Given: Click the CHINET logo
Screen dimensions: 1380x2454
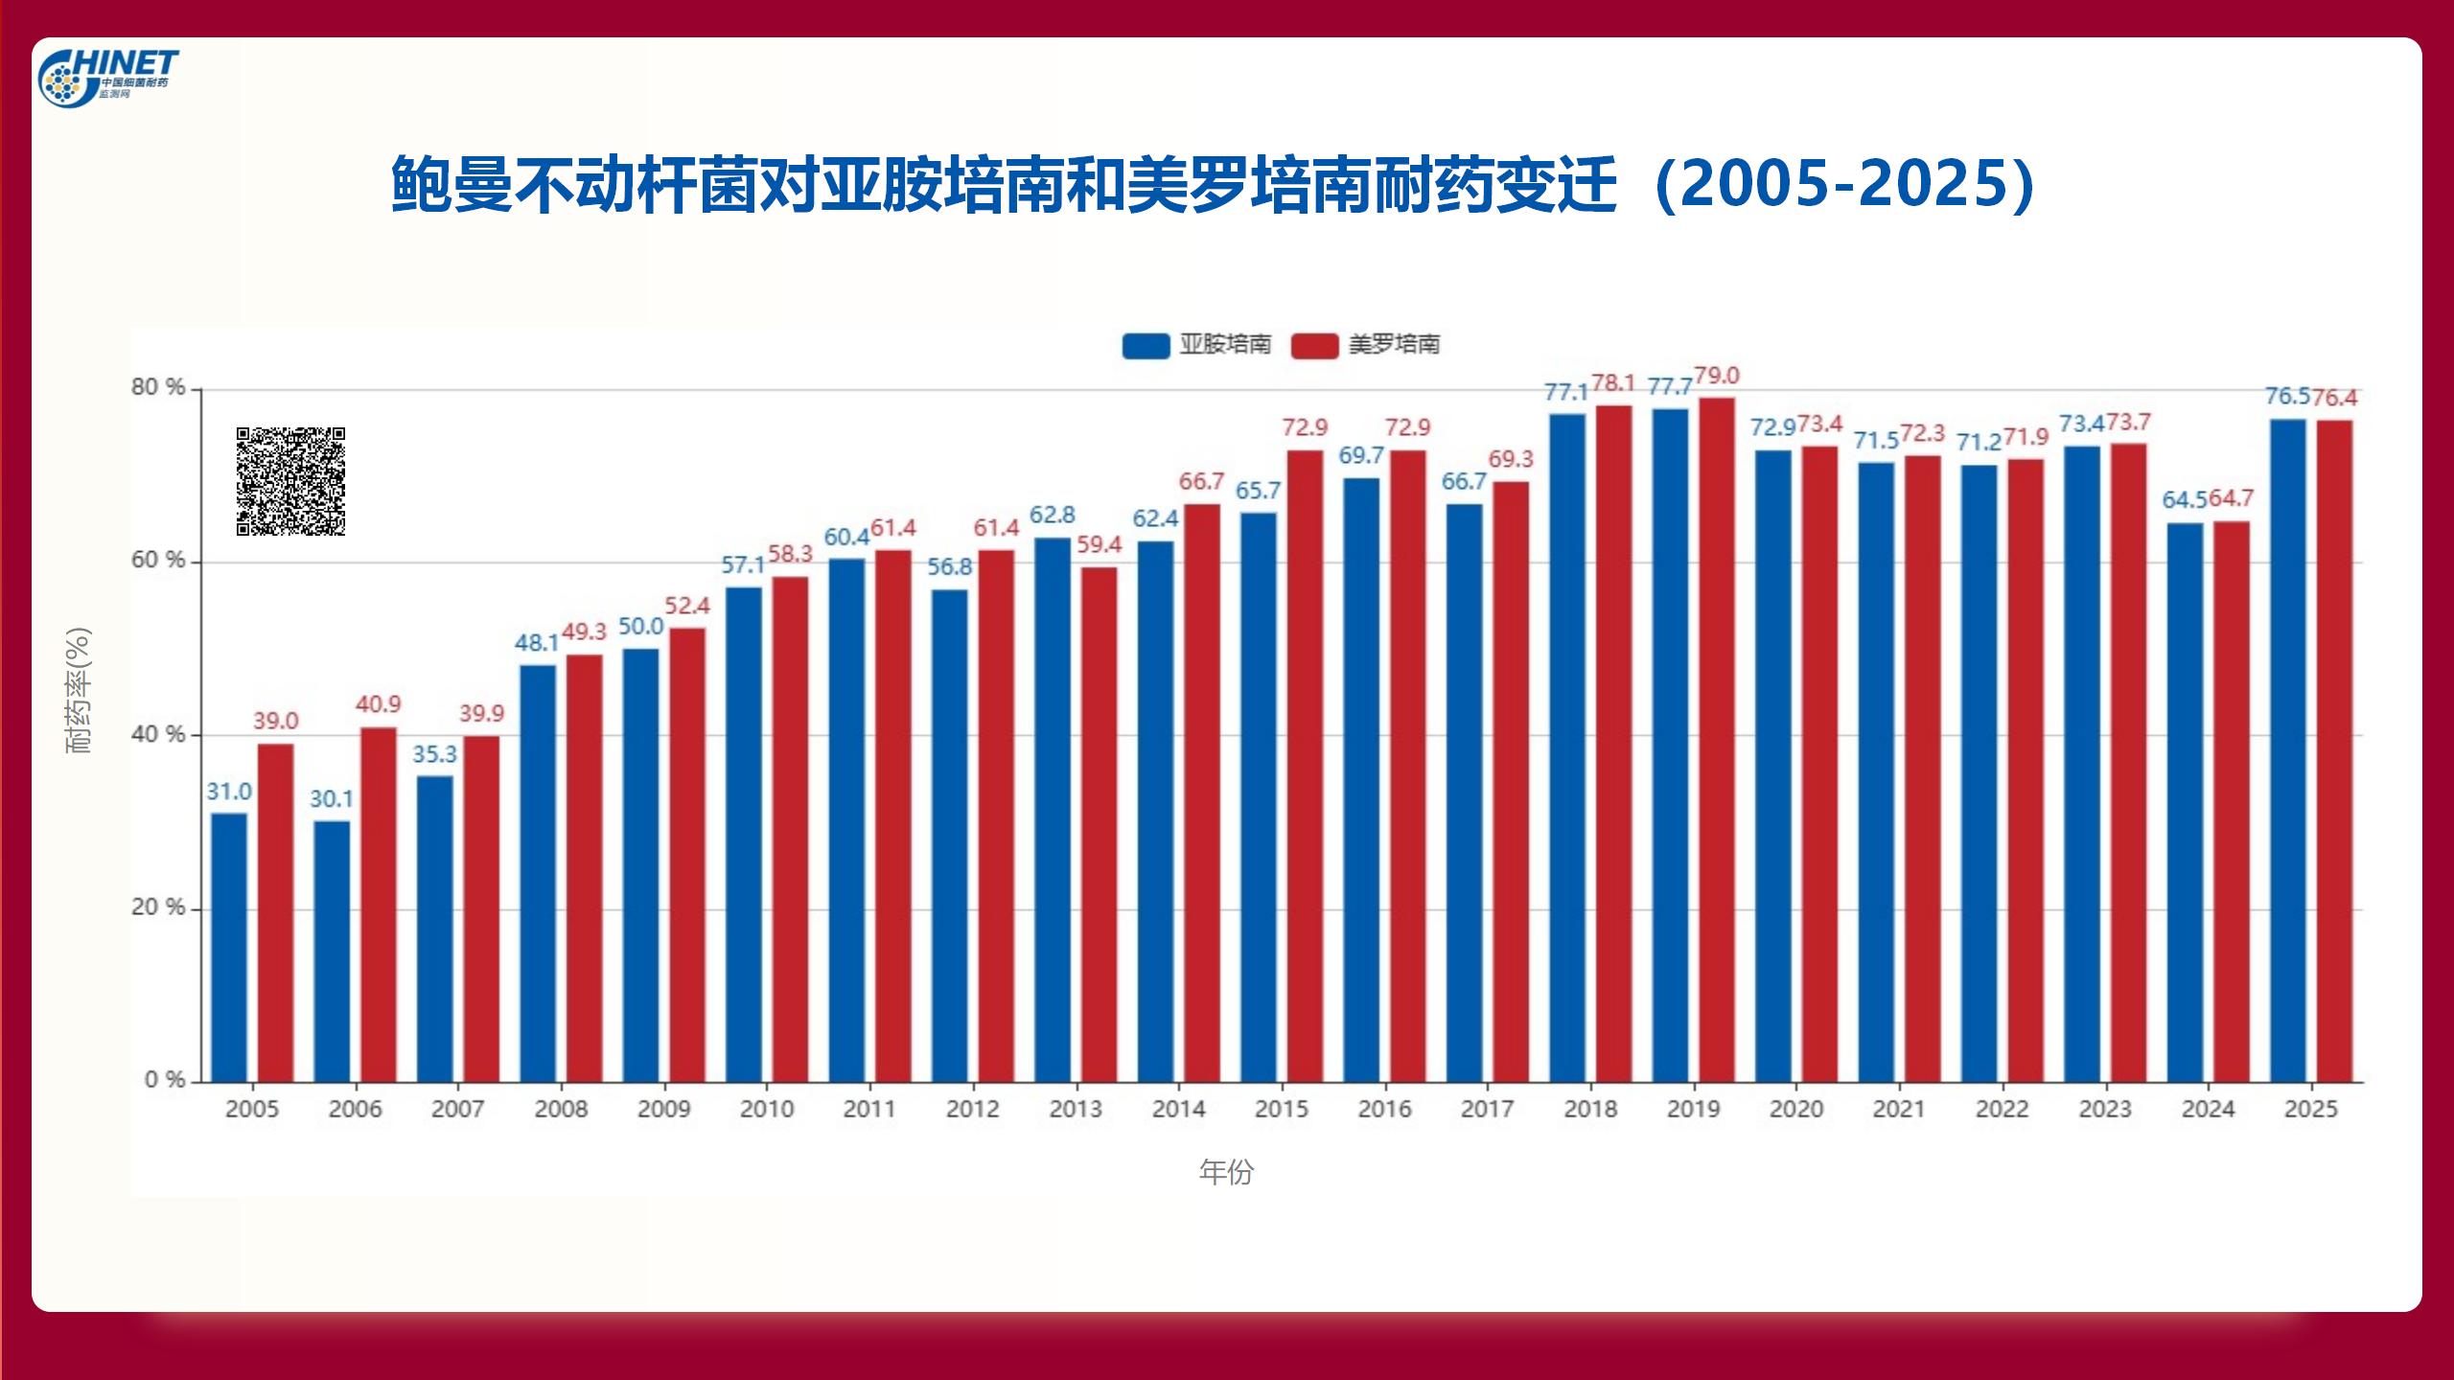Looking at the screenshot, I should click(107, 77).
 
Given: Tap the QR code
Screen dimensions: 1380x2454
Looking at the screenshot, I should click(290, 481).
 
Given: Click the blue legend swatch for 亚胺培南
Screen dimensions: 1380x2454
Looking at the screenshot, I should click(1146, 345).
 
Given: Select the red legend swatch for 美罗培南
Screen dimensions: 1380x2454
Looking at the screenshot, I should click(1314, 345).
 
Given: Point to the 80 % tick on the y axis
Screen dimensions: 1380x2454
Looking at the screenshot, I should click(158, 387).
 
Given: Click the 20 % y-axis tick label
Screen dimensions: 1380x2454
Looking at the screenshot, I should click(158, 908).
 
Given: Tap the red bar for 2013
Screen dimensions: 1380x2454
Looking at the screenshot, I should click(1099, 824).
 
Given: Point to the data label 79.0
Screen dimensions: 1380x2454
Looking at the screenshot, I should click(1716, 376).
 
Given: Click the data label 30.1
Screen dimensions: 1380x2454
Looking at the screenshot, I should click(332, 798).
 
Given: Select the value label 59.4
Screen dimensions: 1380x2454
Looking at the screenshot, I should click(1099, 544).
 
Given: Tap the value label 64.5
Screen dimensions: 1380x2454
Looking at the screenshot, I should click(2185, 499).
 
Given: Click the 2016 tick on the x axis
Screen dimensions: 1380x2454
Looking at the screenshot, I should click(1384, 1109).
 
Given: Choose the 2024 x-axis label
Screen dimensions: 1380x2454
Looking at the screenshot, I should click(2208, 1109).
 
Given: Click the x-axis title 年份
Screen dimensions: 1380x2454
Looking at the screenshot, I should click(1226, 1172).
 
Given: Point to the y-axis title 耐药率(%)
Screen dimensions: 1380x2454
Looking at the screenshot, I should click(79, 690).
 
